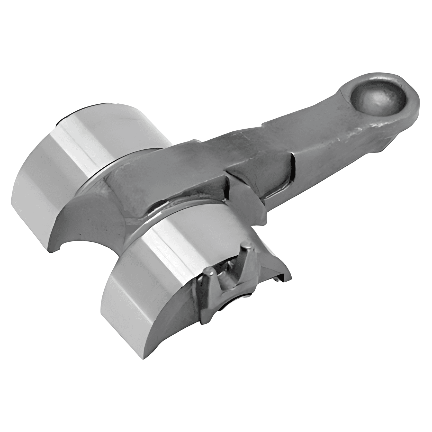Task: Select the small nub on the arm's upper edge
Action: click(195, 141)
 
